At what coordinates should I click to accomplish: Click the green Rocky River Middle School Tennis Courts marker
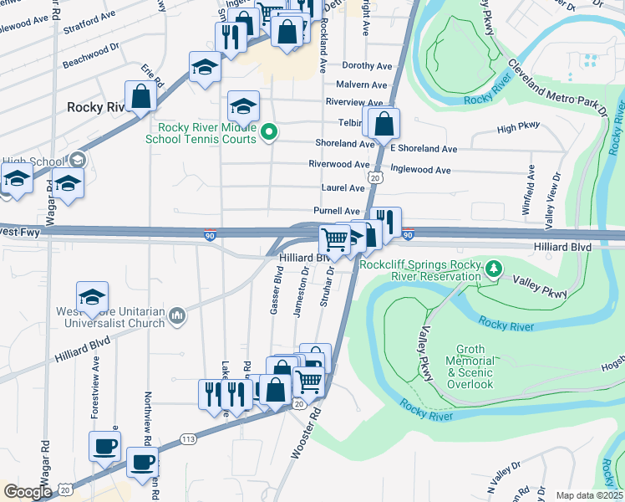coord(269,131)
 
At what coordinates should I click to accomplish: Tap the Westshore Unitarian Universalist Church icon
coord(176,315)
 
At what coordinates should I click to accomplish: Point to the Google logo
coord(27,492)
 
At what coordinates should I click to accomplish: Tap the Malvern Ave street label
coord(361,85)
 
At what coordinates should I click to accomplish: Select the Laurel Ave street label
coord(343,188)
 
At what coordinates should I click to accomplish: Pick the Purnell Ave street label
coord(337,211)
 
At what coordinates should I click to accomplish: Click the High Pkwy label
coord(520,129)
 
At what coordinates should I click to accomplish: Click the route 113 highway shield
coord(188,438)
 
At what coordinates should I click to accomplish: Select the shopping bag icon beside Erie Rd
coord(141,96)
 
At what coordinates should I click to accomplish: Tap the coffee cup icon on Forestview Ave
coord(104,446)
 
